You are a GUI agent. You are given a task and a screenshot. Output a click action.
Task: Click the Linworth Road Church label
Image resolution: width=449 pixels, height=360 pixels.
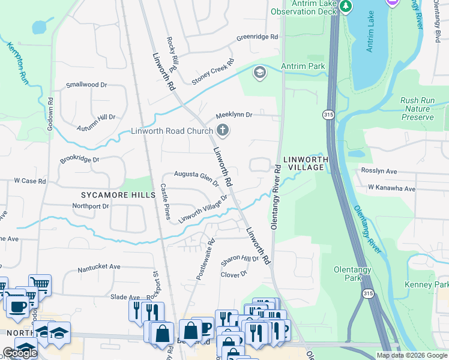[172, 131]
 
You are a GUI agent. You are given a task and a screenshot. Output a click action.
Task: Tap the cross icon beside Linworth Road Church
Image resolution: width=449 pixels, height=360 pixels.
[223, 130]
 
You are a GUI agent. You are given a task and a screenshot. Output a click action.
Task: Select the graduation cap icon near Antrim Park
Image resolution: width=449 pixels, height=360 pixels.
[259, 73]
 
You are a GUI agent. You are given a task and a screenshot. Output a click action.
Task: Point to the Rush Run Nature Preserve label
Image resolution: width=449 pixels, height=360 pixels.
[417, 109]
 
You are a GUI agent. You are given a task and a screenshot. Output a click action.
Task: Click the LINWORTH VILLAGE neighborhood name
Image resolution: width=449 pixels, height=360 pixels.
[307, 163]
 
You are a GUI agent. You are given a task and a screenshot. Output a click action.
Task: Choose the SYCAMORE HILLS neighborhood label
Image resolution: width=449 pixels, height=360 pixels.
[110, 195]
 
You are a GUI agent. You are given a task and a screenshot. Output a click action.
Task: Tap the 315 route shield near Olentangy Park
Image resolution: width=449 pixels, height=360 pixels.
[368, 293]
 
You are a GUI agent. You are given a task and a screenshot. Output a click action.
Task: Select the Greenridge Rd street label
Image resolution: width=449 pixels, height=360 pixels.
[257, 37]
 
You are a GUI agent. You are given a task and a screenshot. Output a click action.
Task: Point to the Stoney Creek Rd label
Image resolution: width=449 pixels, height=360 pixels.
[212, 73]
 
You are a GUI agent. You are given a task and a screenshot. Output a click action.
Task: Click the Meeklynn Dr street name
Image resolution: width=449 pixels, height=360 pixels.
[234, 115]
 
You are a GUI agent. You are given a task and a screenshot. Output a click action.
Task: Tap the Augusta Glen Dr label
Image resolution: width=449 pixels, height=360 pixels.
[196, 178]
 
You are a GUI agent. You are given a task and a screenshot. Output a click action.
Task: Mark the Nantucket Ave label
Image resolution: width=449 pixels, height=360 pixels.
[99, 268]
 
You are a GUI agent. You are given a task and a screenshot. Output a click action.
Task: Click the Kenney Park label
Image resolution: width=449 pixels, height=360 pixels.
[435, 284]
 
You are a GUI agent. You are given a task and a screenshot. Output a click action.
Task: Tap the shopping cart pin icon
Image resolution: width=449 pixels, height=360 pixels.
[40, 284]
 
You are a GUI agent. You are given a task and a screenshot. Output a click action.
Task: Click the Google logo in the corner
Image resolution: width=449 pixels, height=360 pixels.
[19, 353]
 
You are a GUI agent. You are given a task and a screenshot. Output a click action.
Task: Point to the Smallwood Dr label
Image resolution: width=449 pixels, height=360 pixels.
[86, 85]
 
